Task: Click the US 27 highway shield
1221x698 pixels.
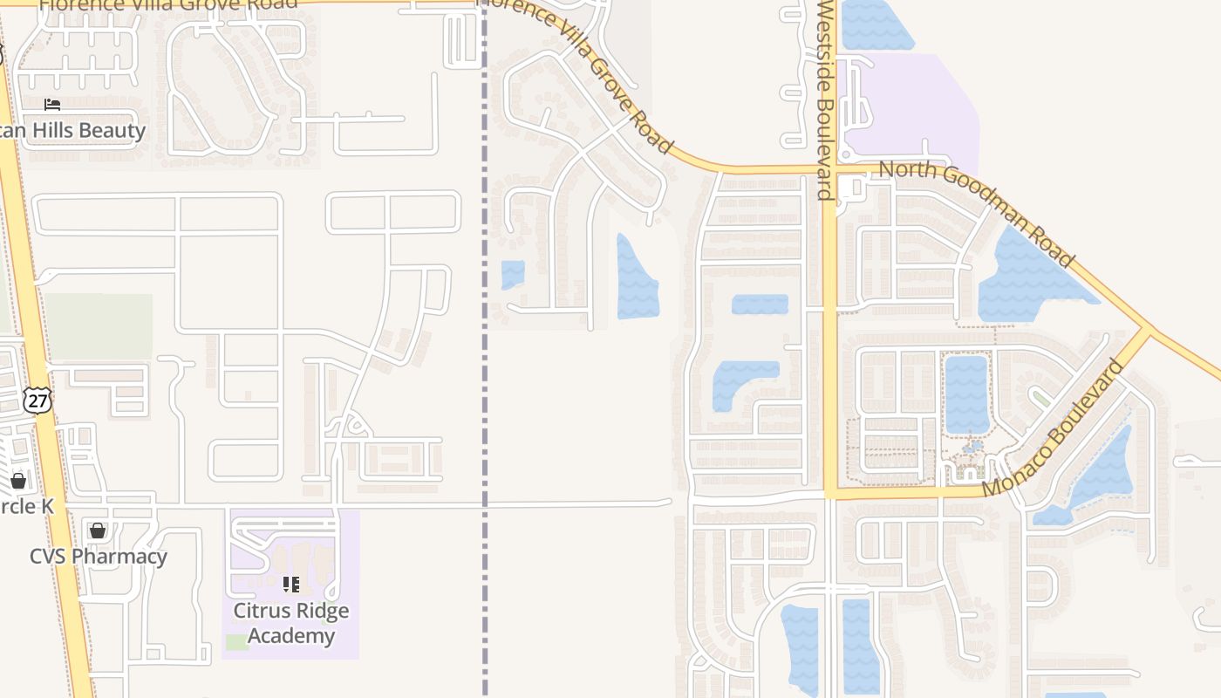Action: click(38, 400)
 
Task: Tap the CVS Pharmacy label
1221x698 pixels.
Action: click(99, 557)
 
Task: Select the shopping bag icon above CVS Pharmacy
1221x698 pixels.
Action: click(98, 530)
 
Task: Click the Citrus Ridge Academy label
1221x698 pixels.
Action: click(290, 623)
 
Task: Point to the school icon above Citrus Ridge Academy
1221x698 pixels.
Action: click(291, 584)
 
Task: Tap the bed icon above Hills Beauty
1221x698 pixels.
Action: click(52, 105)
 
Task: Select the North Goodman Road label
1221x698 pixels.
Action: click(976, 212)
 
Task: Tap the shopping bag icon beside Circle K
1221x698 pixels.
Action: click(18, 481)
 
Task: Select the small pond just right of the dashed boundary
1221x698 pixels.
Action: click(513, 274)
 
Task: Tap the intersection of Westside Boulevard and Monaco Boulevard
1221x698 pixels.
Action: click(829, 493)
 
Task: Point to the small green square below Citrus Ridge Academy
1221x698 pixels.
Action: click(236, 642)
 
